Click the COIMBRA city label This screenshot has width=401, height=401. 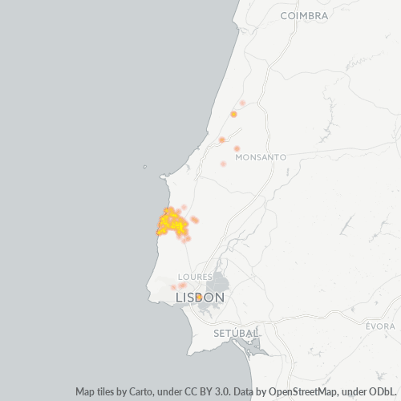pyautogui.click(x=305, y=15)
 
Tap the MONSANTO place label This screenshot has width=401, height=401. pyautogui.click(x=261, y=157)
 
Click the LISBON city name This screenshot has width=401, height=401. pyautogui.click(x=200, y=298)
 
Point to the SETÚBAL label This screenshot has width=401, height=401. pyautogui.click(x=236, y=332)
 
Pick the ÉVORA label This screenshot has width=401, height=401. pyautogui.click(x=380, y=326)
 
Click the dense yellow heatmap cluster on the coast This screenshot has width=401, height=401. pyautogui.click(x=170, y=222)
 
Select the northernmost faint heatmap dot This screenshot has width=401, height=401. pyautogui.click(x=242, y=103)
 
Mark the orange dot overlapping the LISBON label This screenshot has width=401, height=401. pyautogui.click(x=198, y=297)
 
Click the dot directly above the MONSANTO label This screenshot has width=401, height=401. pyautogui.click(x=237, y=148)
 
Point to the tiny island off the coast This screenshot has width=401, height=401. pyautogui.click(x=144, y=167)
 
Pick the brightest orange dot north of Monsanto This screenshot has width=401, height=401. pyautogui.click(x=233, y=114)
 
